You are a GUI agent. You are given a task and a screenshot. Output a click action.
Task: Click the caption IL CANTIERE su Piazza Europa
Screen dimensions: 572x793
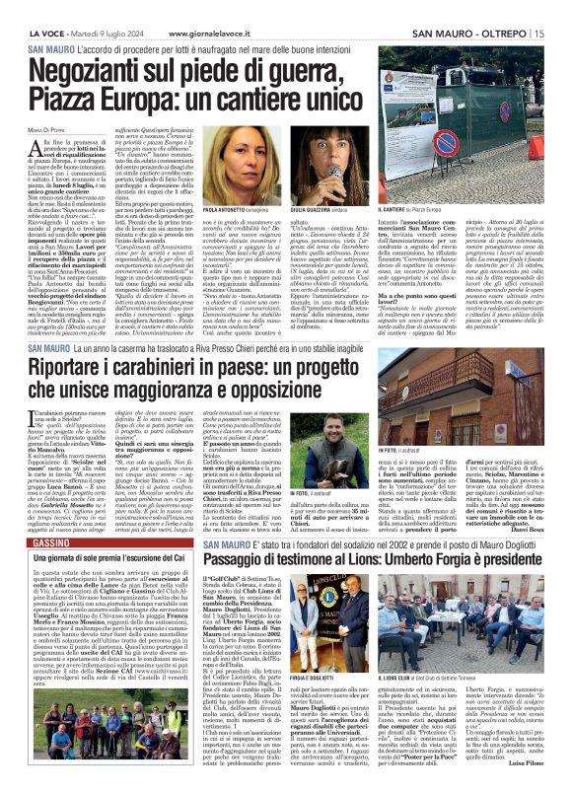pyautogui.click(x=413, y=211)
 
